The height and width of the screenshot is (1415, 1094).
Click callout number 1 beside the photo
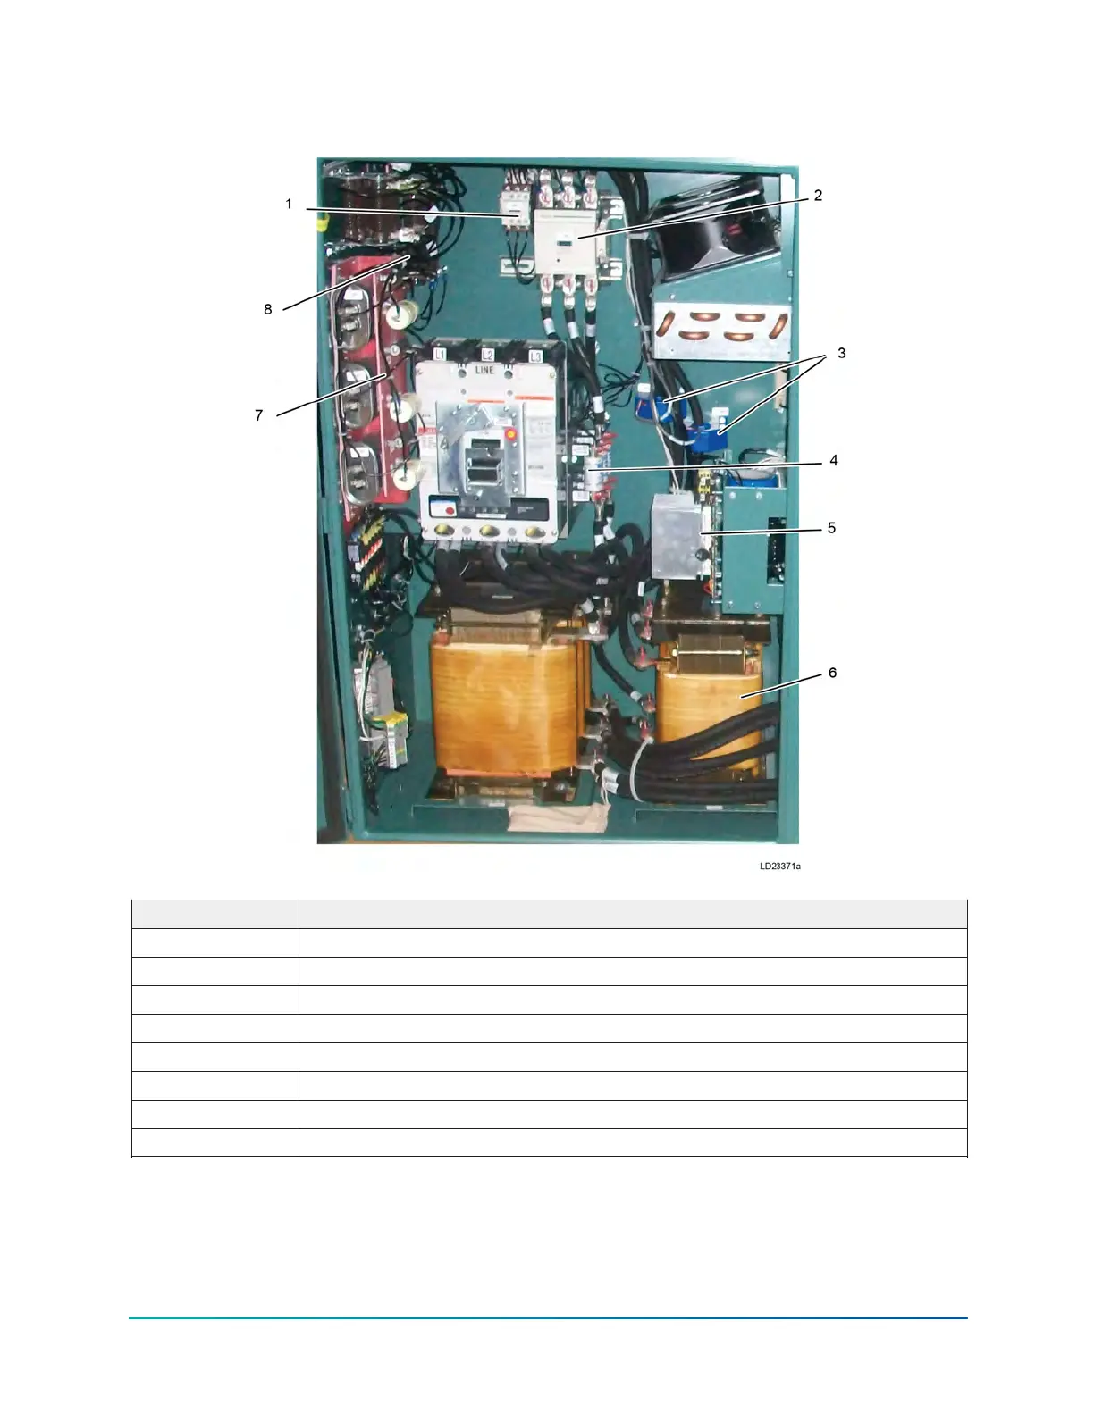(x=289, y=205)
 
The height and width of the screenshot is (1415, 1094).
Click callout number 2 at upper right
(x=818, y=196)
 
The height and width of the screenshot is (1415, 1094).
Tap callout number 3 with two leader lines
(x=841, y=354)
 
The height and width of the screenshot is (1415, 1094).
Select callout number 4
(x=833, y=461)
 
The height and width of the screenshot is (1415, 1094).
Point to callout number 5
(x=831, y=528)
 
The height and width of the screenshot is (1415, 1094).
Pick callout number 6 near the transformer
(x=832, y=673)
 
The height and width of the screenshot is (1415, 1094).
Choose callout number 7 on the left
(x=259, y=415)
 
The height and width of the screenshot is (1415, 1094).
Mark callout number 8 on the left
(x=267, y=309)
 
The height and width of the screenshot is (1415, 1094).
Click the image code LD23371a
(x=780, y=867)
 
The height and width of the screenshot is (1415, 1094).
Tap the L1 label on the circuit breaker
(x=439, y=355)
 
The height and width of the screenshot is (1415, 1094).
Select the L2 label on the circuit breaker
(x=488, y=355)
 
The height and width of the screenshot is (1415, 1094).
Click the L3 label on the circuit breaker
(x=535, y=356)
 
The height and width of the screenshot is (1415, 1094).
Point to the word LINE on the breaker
(x=484, y=369)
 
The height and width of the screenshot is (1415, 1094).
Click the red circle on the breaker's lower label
(x=450, y=511)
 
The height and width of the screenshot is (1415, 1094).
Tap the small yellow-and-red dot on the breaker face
(x=511, y=436)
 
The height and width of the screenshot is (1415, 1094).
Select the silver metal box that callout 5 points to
(x=680, y=536)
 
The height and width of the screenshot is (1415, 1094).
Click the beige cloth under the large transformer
(x=555, y=817)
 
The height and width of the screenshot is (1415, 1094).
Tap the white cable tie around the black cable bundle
(x=635, y=767)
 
